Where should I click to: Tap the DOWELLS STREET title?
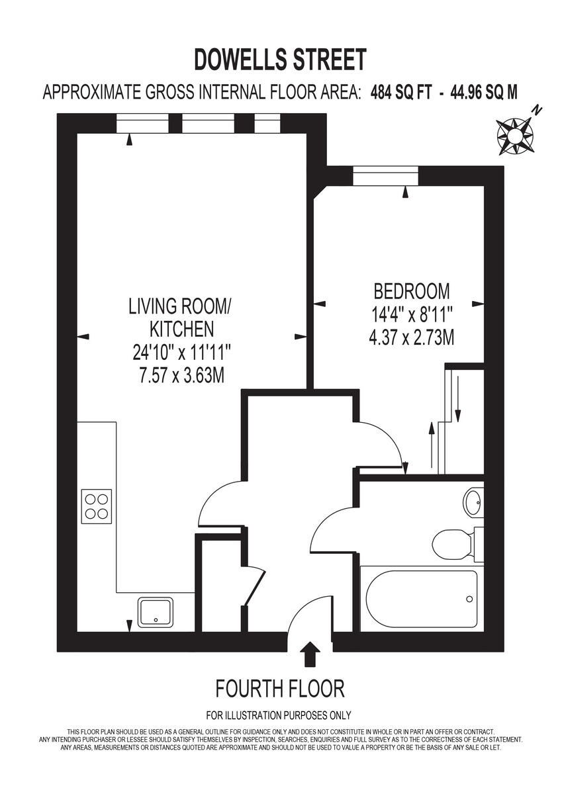click(280, 60)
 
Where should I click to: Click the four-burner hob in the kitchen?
click(97, 506)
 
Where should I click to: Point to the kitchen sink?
click(156, 611)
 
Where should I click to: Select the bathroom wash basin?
click(474, 503)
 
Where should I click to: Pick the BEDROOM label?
click(412, 291)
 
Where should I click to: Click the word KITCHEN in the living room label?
click(181, 329)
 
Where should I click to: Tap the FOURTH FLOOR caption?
click(280, 689)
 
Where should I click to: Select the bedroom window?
click(386, 176)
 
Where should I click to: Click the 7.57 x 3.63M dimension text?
click(181, 375)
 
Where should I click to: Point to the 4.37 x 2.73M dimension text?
click(412, 337)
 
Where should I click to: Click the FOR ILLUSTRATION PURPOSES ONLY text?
click(279, 715)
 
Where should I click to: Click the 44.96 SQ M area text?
click(484, 93)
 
